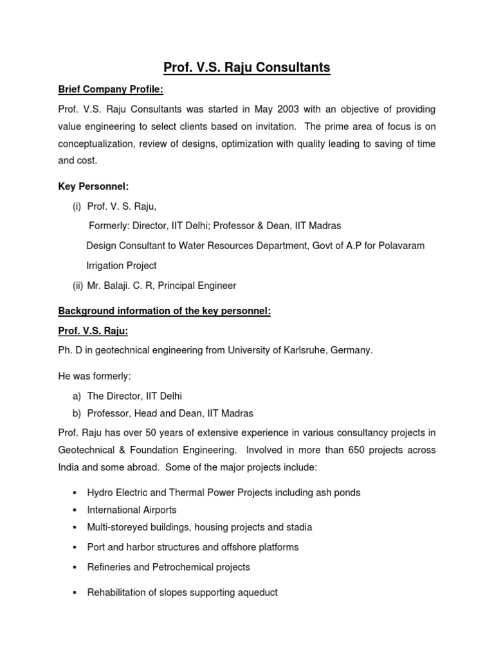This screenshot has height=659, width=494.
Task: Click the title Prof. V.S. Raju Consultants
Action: (247, 67)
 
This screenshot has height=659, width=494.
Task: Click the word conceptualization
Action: (95, 144)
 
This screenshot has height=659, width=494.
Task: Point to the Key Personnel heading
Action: (93, 186)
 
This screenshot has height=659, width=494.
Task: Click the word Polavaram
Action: (399, 246)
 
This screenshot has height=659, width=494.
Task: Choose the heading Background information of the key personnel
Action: (165, 311)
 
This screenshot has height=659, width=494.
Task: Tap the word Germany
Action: (354, 350)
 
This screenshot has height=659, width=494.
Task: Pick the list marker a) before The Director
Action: (77, 396)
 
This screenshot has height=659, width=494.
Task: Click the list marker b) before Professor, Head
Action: (77, 413)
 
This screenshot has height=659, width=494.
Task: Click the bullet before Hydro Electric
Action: (75, 493)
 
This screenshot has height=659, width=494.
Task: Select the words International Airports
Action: (132, 510)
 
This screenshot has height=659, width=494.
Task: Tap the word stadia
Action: (298, 527)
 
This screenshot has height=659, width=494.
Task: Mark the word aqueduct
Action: (256, 592)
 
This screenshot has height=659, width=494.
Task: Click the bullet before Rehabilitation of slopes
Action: (75, 592)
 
